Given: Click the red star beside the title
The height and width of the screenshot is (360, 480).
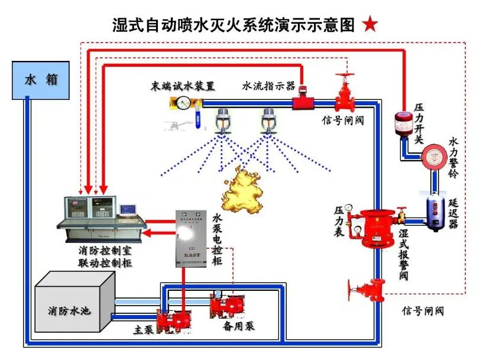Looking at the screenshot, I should coord(369,24).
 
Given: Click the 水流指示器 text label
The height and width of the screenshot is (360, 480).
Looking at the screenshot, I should coord(268,86).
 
